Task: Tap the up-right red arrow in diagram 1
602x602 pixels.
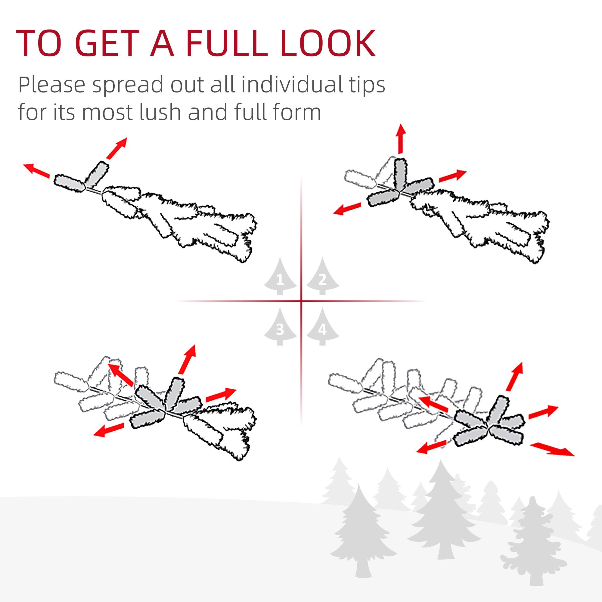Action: (116, 148)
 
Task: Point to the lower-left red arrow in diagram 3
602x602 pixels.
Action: (109, 430)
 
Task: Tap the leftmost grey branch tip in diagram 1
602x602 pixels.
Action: (69, 183)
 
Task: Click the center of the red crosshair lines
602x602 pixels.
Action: (301, 301)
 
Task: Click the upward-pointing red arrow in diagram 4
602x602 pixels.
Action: (514, 377)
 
